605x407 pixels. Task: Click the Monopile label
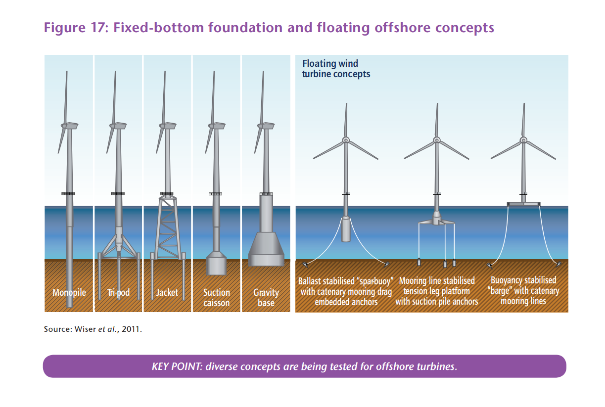coord(69,292)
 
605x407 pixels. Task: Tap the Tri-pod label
coord(118,292)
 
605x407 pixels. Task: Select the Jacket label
coord(167,292)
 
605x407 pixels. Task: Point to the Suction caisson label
coord(216,298)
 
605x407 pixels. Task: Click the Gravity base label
coord(266,298)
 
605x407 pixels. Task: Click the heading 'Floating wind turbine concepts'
coord(336,69)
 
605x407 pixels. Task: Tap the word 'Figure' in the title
coord(64,28)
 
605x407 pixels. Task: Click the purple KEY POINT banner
coord(304,366)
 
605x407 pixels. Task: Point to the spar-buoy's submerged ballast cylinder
coord(346,229)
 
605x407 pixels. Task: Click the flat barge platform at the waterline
coord(523,204)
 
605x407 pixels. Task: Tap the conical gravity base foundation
coord(266,248)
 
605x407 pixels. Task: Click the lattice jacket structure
coord(168,227)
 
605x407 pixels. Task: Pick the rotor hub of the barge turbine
coord(523,140)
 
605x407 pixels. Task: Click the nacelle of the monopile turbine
coord(70,126)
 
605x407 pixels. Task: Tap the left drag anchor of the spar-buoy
coord(305,265)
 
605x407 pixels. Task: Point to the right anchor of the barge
coord(558,264)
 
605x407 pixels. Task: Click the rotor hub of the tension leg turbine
coord(437,140)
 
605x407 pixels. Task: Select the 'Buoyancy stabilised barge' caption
coord(523,291)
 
